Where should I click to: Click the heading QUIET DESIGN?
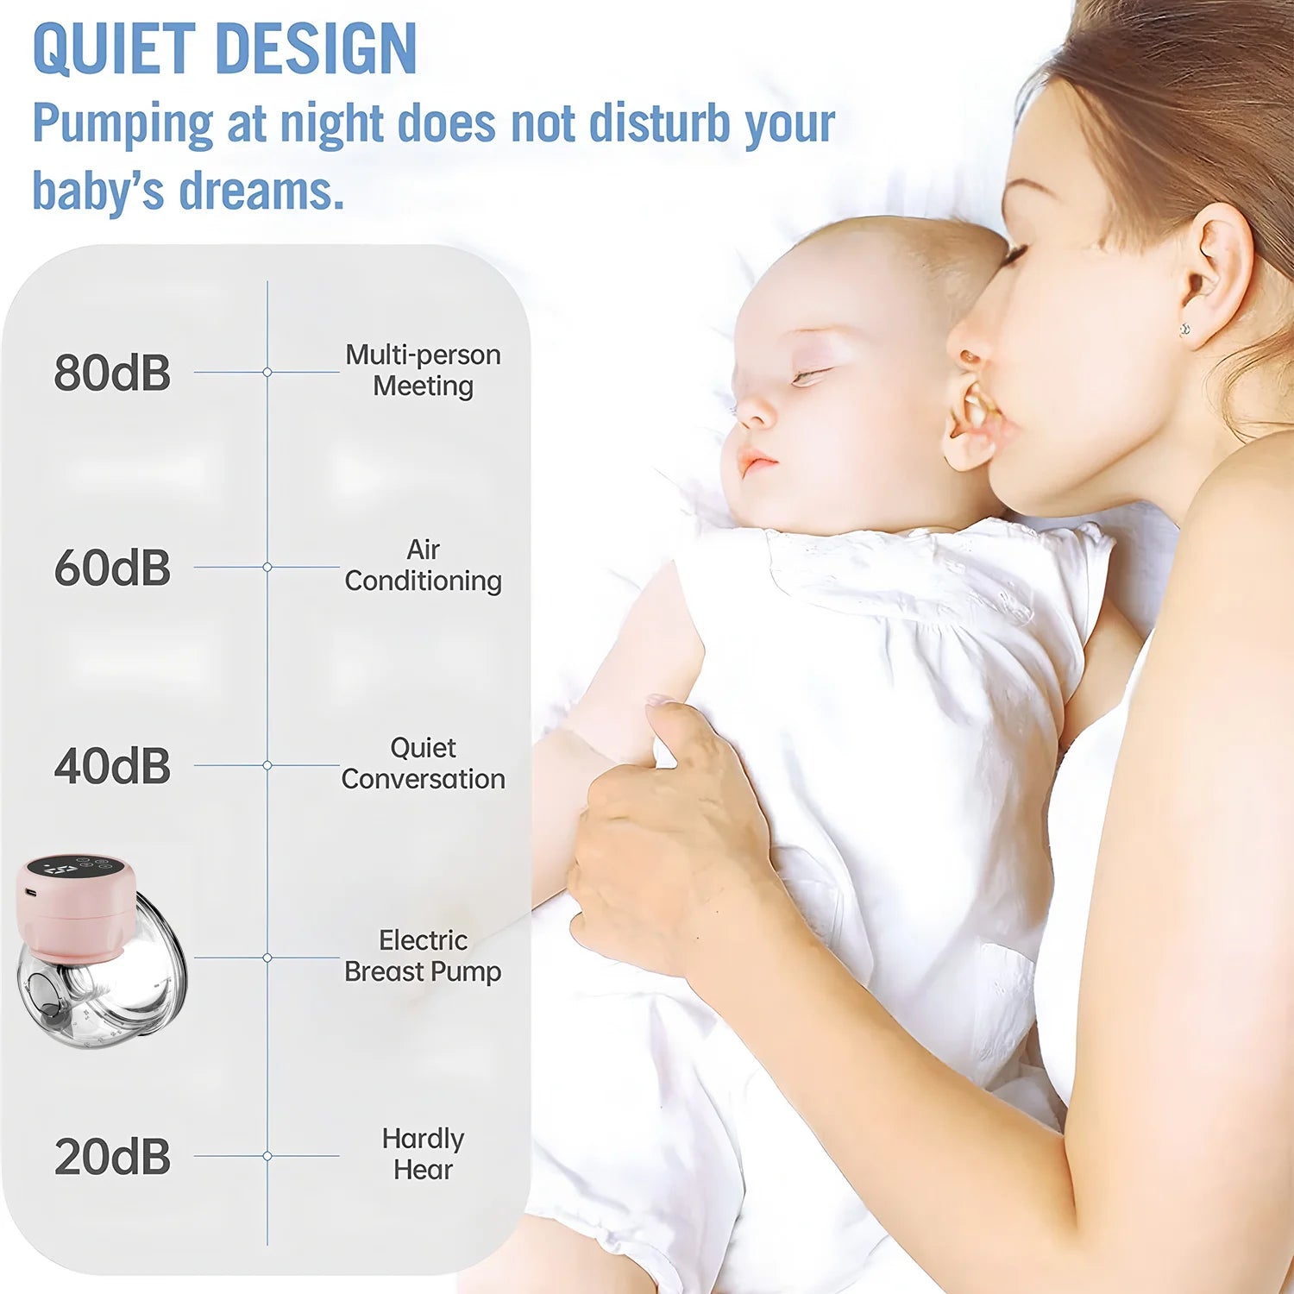click(224, 49)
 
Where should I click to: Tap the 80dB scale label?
click(112, 373)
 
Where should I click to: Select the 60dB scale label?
click(112, 568)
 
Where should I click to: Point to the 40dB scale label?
click(112, 766)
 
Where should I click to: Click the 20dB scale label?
click(112, 1157)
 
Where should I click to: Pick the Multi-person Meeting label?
click(423, 370)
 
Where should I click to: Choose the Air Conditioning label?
click(423, 565)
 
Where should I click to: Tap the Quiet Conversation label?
click(423, 763)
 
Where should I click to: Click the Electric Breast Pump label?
click(423, 956)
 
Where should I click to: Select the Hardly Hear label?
click(423, 1154)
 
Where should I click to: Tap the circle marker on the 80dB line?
click(267, 372)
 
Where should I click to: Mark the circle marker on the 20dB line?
click(267, 1156)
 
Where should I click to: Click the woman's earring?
click(1185, 329)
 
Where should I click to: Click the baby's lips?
click(757, 463)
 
